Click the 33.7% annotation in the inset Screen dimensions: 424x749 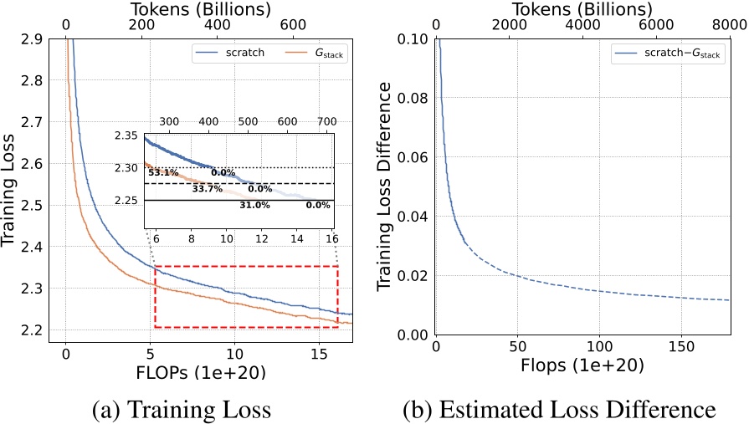(207, 189)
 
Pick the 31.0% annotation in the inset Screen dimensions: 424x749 (254, 205)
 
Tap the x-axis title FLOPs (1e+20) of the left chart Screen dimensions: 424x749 (208, 372)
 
